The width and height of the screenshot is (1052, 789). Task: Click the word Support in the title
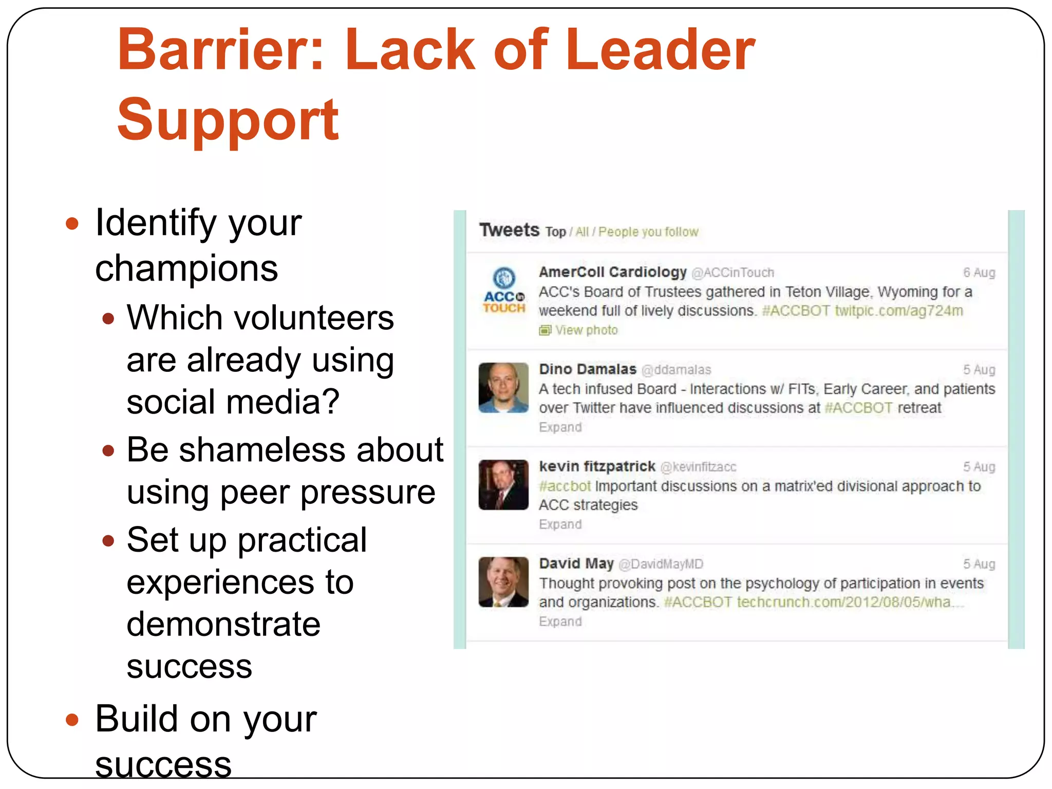[228, 120]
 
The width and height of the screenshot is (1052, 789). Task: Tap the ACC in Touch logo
[504, 291]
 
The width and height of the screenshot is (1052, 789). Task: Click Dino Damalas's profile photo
[503, 388]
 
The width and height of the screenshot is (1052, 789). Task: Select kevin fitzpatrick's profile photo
[503, 485]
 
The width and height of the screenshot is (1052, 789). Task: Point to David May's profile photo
[503, 582]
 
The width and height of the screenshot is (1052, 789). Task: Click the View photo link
[586, 330]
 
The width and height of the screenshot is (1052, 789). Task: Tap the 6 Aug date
[979, 273]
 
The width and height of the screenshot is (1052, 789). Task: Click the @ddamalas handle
[677, 370]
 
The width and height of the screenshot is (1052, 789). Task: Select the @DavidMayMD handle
[661, 564]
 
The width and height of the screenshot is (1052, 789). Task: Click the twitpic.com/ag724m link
[898, 311]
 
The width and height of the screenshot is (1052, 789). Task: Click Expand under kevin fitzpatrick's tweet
[560, 524]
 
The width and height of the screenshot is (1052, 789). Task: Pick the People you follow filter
[648, 232]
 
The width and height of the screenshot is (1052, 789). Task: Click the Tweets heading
[509, 230]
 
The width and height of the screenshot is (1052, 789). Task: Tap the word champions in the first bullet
[186, 269]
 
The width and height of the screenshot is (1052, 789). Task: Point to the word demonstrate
[223, 624]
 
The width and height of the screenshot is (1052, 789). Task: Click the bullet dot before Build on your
[72, 720]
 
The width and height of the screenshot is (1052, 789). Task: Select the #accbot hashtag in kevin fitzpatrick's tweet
[565, 486]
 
